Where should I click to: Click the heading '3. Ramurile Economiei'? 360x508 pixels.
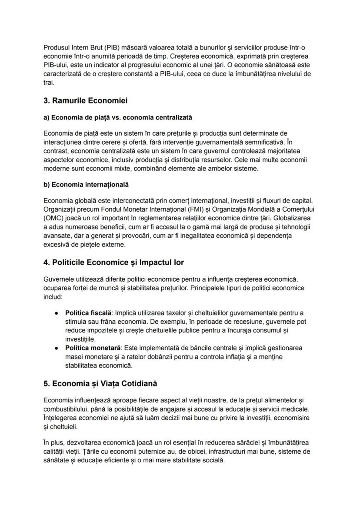tap(85, 101)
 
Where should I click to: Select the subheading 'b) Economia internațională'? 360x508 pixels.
tap(86, 184)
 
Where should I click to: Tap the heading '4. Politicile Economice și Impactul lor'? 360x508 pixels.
tap(113, 262)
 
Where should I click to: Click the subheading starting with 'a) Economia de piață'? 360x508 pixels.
tap(117, 117)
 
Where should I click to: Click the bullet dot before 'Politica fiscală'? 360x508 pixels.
tap(56, 313)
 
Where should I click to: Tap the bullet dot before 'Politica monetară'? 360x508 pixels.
tap(56, 348)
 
